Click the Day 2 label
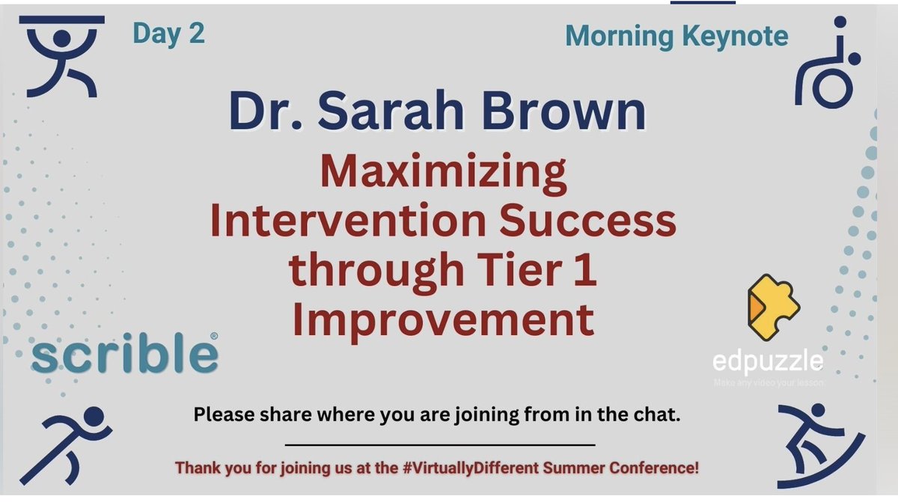[x=168, y=34]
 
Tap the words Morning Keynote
[x=676, y=36]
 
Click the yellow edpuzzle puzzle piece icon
[x=772, y=307]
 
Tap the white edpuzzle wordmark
[x=768, y=362]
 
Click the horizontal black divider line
[x=440, y=445]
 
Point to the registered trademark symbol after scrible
[x=214, y=337]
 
